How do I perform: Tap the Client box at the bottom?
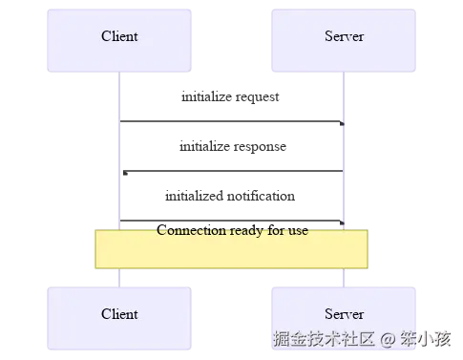point(120,314)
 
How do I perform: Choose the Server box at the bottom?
point(344,314)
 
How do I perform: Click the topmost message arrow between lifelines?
point(229,118)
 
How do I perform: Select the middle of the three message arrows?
point(229,172)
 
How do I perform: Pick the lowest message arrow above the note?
point(229,219)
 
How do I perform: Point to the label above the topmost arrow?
point(230,97)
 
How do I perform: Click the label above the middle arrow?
point(232,146)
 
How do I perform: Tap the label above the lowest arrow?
point(230,198)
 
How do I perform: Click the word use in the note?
point(298,232)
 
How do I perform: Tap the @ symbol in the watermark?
point(388,340)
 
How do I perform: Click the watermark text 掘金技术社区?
point(325,340)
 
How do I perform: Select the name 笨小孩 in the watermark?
point(425,340)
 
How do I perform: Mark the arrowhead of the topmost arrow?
point(339,118)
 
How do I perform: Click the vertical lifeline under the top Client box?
point(120,153)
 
